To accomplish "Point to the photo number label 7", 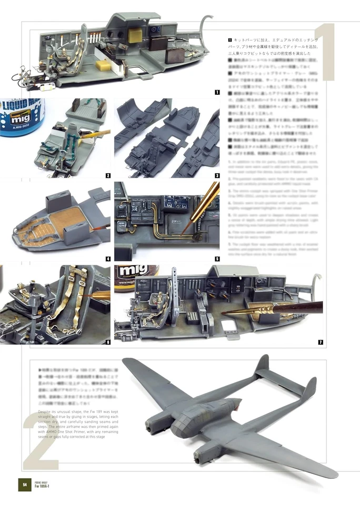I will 320,342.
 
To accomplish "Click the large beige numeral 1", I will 326,53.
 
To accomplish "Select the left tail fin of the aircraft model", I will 262,365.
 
